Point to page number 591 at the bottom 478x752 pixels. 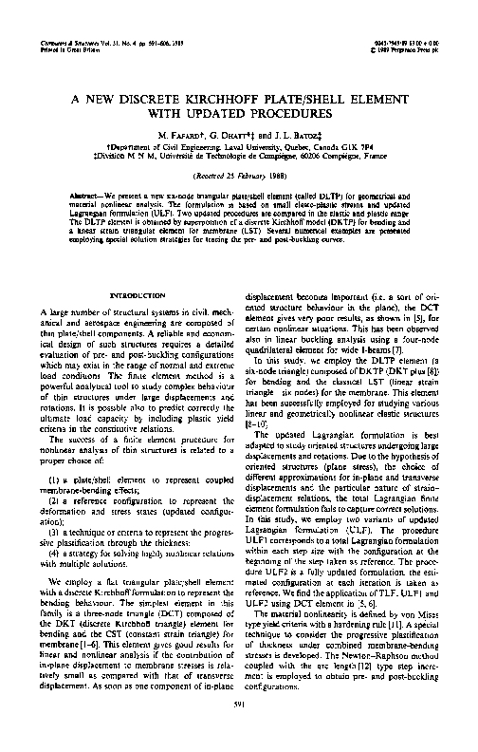(x=239, y=728)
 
